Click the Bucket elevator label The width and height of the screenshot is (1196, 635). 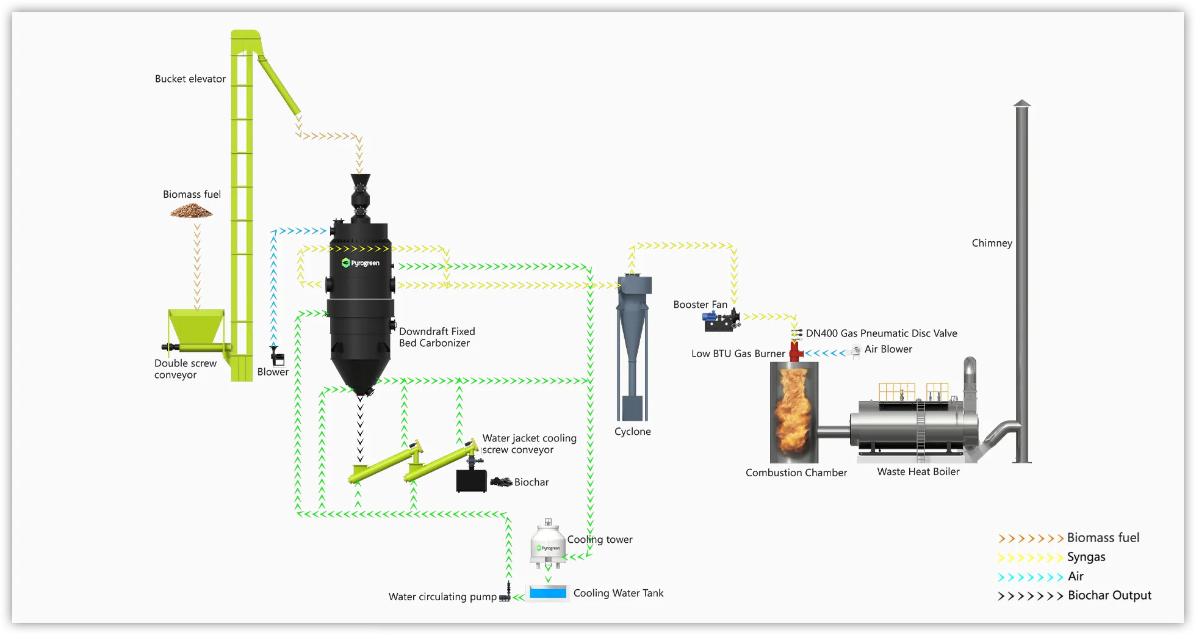[x=190, y=79]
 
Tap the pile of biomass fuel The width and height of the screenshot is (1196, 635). [x=191, y=212]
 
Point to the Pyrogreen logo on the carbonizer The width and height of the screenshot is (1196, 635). [x=361, y=263]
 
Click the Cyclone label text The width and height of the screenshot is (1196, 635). [x=632, y=432]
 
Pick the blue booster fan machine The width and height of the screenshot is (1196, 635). [x=719, y=319]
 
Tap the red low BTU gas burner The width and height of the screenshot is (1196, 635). [x=796, y=352]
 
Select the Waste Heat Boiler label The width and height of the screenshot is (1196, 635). [x=918, y=472]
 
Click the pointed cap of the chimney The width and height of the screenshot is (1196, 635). [x=1022, y=103]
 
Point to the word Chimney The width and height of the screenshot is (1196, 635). [x=992, y=243]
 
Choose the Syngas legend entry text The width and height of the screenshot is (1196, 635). [x=1086, y=557]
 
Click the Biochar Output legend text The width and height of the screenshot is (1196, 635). [x=1109, y=595]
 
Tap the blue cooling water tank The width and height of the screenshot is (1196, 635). [x=548, y=592]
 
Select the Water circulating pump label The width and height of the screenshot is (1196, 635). [x=442, y=597]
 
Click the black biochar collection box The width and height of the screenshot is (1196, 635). [x=471, y=481]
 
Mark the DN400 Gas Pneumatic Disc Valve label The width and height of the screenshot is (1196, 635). [x=881, y=333]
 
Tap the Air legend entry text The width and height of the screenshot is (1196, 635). [x=1075, y=576]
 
